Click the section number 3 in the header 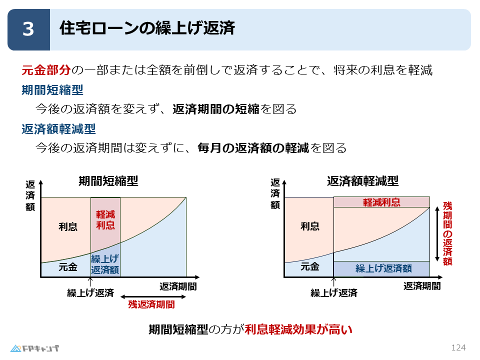(x=28, y=29)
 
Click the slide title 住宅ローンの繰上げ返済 (x=147, y=28)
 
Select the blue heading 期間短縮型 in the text (x=52, y=90)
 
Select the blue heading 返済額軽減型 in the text (x=58, y=129)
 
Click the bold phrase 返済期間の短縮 (x=216, y=109)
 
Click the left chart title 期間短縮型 (x=108, y=181)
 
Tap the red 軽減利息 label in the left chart (x=105, y=219)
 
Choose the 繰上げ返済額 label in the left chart (x=105, y=264)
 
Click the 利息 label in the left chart (x=68, y=226)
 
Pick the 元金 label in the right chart (x=310, y=266)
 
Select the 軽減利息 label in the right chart (x=381, y=202)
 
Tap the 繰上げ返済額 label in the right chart (x=383, y=268)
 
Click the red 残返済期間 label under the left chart (x=151, y=304)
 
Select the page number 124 (x=458, y=347)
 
